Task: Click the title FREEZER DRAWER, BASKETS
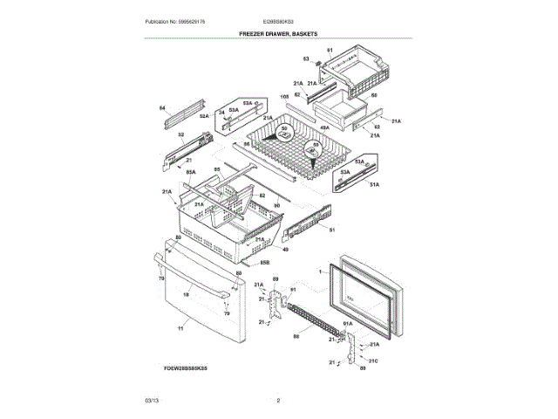pyautogui.click(x=279, y=33)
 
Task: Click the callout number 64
pyautogui.click(x=162, y=108)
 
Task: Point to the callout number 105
pyautogui.click(x=284, y=96)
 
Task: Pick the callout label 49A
pyautogui.click(x=324, y=128)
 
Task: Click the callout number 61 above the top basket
pyautogui.click(x=330, y=52)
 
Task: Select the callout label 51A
pyautogui.click(x=374, y=184)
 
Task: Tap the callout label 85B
pyautogui.click(x=264, y=261)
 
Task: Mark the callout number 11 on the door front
pyautogui.click(x=180, y=328)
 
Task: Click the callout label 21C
pyautogui.click(x=373, y=360)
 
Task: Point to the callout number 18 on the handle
pyautogui.click(x=185, y=295)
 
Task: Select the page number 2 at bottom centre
pyautogui.click(x=278, y=400)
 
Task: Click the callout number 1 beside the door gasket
pyautogui.click(x=320, y=272)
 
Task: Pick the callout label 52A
pyautogui.click(x=204, y=116)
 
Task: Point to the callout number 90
pyautogui.click(x=276, y=206)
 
